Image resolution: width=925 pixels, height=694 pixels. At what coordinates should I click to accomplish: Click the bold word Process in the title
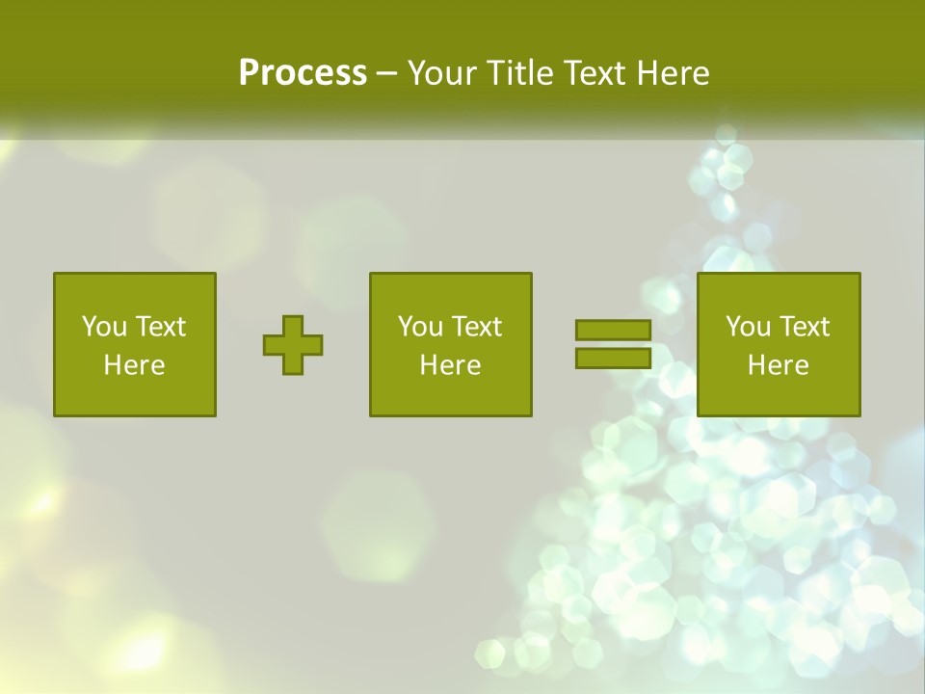pyautogui.click(x=303, y=73)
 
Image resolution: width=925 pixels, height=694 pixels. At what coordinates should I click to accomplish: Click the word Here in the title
pyautogui.click(x=673, y=73)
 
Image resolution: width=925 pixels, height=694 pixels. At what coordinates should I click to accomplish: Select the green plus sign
pyautogui.click(x=293, y=345)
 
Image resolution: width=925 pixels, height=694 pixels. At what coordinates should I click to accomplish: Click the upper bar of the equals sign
pyautogui.click(x=613, y=331)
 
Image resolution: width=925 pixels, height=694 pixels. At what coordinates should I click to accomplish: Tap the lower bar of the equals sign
pyautogui.click(x=613, y=359)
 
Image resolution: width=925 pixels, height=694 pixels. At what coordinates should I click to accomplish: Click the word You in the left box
pyautogui.click(x=104, y=327)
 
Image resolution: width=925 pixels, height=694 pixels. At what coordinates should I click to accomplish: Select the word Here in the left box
pyautogui.click(x=135, y=365)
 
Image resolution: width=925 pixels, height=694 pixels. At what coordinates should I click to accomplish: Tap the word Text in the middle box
pyautogui.click(x=476, y=327)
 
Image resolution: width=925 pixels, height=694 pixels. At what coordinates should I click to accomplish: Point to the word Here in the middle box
pyautogui.click(x=451, y=365)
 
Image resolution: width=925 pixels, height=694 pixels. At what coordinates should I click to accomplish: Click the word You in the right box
pyautogui.click(x=748, y=327)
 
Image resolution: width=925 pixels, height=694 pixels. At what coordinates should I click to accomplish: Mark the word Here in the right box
pyautogui.click(x=779, y=365)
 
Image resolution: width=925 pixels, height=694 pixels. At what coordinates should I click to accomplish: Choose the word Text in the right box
pyautogui.click(x=804, y=327)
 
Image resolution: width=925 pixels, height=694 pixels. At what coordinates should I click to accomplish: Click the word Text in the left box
pyautogui.click(x=160, y=327)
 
